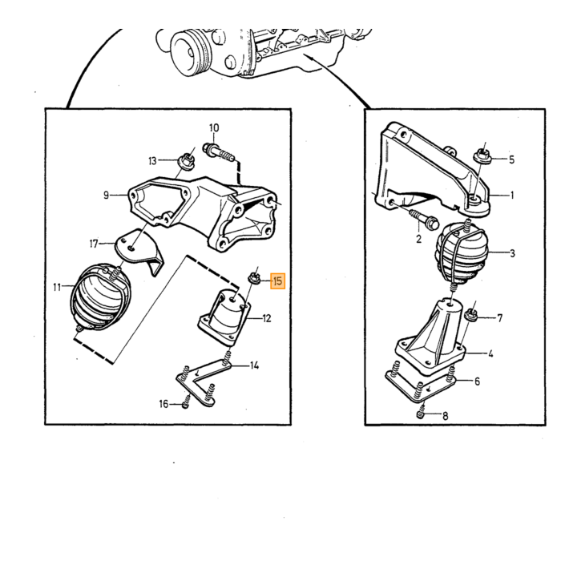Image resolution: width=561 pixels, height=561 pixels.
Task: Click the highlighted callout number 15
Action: (277, 281)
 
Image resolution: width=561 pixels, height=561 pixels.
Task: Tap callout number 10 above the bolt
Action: (214, 127)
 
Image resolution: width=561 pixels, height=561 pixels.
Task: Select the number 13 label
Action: (153, 161)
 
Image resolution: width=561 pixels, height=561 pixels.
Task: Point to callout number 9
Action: (106, 195)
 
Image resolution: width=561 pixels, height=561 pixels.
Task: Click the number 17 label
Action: (94, 244)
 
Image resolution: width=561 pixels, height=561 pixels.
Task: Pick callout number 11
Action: (57, 287)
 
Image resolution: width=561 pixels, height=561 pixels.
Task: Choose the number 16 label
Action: (163, 404)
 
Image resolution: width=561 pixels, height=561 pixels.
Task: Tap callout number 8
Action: (445, 416)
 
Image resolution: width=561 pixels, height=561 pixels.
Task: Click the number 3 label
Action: (512, 253)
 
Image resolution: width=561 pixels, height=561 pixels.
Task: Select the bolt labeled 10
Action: (218, 152)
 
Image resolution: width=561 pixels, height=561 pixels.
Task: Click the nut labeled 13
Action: (187, 160)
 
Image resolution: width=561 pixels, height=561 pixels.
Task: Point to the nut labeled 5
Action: (482, 157)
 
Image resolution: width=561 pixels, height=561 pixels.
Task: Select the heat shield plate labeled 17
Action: (141, 251)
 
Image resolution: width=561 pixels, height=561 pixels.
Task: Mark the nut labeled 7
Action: (470, 316)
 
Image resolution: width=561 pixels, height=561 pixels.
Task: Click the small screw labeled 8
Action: (422, 414)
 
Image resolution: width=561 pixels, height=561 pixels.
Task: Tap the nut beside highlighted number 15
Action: (254, 277)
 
